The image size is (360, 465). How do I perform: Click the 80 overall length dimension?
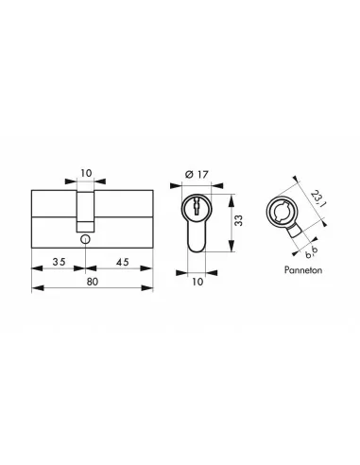94,281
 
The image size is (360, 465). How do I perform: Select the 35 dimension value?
59,262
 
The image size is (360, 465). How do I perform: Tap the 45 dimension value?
124,262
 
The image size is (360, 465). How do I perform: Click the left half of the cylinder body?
54,215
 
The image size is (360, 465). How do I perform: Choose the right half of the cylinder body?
125,215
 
